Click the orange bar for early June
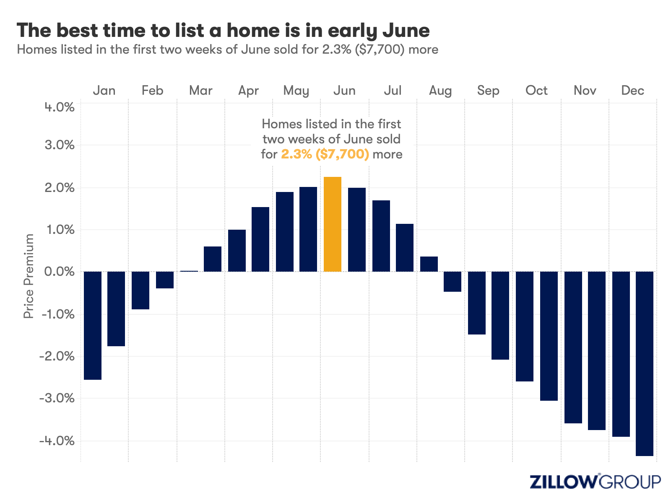point(332,224)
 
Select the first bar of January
point(93,325)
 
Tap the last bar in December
point(645,363)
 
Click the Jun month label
point(344,91)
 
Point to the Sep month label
point(488,91)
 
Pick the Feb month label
point(152,91)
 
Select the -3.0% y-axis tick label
point(57,398)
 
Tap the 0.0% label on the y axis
point(59,272)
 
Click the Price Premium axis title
point(29,276)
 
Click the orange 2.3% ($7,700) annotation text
point(325,154)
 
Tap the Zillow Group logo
point(595,482)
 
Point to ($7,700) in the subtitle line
point(380,49)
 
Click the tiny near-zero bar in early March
point(189,271)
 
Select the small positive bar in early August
point(429,264)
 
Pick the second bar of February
point(165,280)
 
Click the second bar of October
point(549,336)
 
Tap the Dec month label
point(632,91)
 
